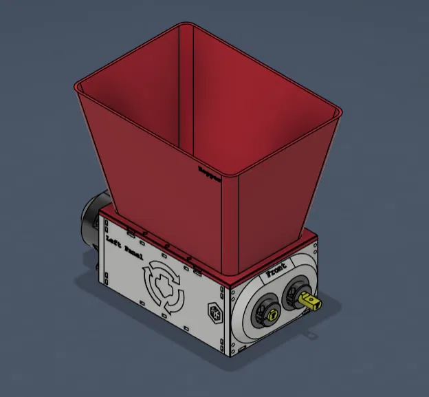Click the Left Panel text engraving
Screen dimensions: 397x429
coord(129,246)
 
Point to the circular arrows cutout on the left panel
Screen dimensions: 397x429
coord(164,288)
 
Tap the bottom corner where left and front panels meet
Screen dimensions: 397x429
coord(227,354)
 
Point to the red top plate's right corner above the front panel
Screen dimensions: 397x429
coord(317,238)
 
